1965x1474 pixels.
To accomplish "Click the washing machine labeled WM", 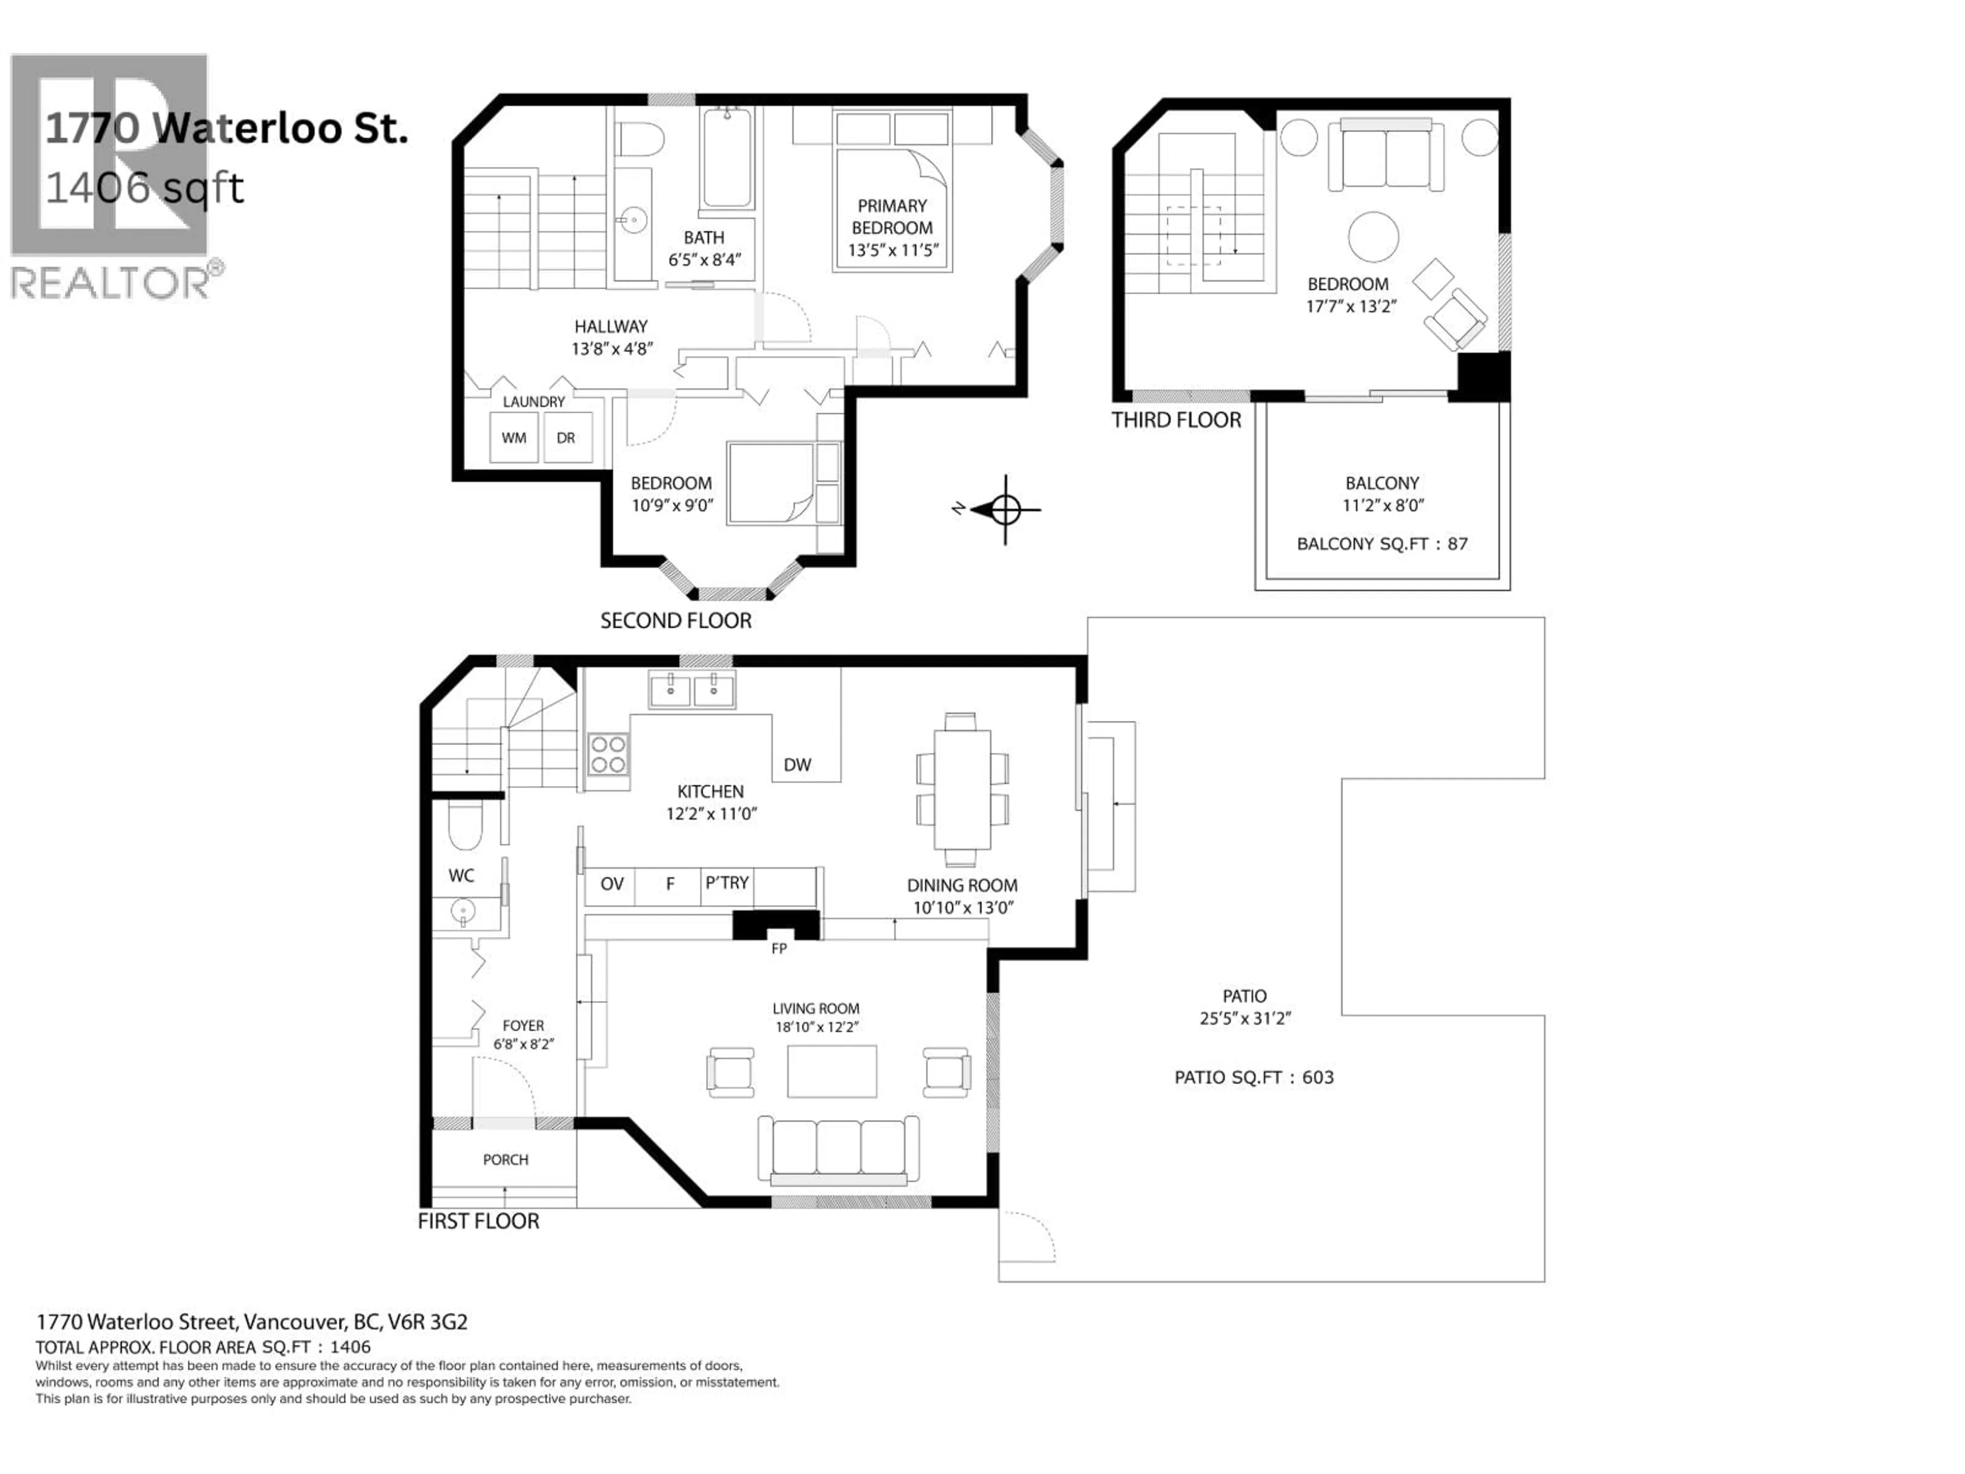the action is tap(514, 437).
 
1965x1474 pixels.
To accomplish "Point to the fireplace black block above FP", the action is tap(776, 925).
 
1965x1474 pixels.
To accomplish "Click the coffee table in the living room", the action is tap(832, 1071).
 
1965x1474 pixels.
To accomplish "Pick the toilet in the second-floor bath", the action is tap(641, 140).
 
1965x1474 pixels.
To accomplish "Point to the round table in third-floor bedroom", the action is tap(1373, 236).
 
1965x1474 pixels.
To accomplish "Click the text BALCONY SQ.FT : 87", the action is tap(1382, 544).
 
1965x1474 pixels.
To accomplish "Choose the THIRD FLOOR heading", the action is tap(1176, 420).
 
